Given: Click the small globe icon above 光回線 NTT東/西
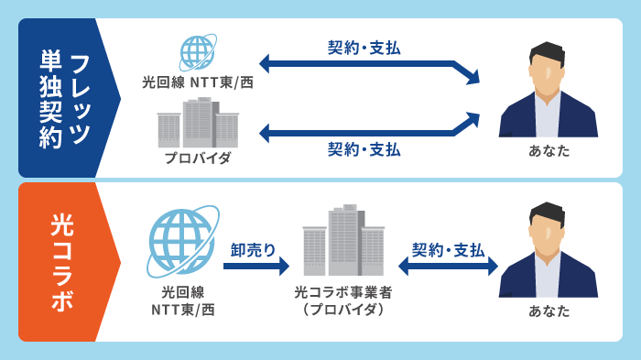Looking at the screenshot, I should point(197,53).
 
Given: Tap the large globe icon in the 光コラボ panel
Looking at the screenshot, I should point(181,242).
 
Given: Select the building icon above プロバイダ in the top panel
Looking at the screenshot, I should point(198,123).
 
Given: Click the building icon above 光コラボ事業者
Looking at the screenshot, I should point(343,241).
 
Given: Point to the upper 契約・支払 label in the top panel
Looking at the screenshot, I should point(364,48).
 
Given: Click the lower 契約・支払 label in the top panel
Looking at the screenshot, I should point(364,149).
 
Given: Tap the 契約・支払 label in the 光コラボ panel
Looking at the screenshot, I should point(448,249).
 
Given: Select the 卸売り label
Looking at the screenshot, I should point(253,248).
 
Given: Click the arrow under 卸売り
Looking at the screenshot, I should point(255,267).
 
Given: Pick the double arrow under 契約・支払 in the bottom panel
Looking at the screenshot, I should point(448,267).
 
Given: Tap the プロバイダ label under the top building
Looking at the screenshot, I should point(198,158).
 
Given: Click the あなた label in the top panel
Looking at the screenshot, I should point(549,150).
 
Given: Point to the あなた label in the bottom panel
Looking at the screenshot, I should point(549,311).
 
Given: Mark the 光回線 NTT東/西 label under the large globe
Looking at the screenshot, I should point(182,300).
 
